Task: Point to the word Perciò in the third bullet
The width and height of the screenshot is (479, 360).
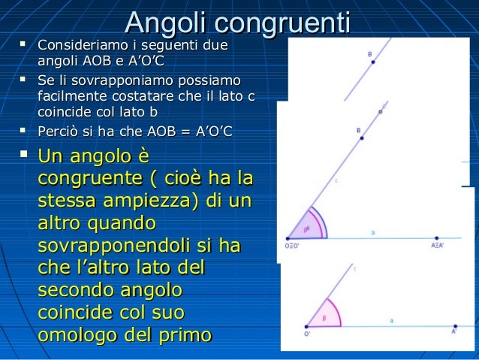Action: pyautogui.click(x=59, y=132)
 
